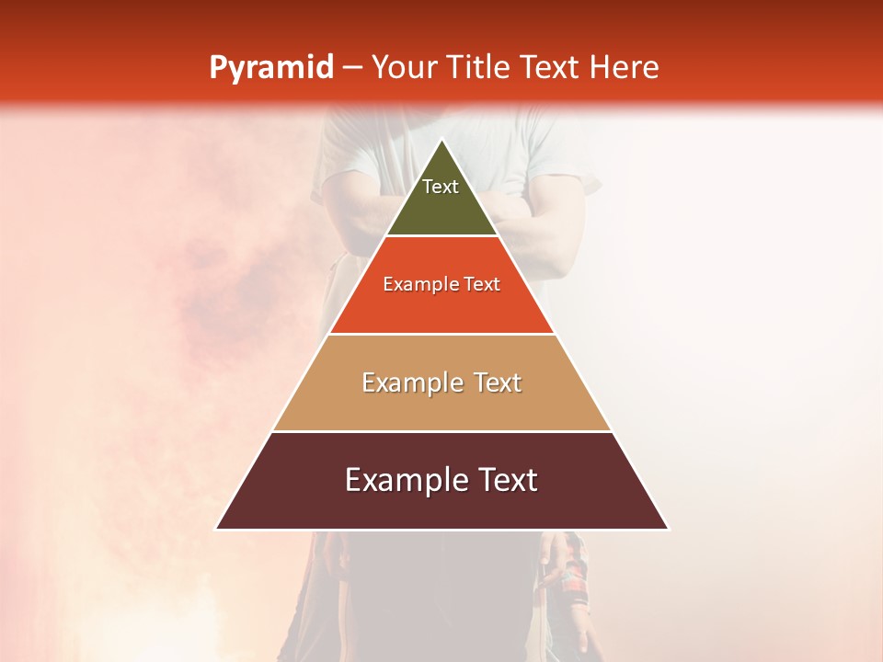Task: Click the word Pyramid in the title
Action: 271,68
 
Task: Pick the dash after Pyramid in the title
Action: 352,68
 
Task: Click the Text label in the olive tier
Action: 441,187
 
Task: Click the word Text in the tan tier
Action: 499,382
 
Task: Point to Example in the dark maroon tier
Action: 405,480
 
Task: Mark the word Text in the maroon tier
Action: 505,480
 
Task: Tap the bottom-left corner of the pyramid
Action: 217,529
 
